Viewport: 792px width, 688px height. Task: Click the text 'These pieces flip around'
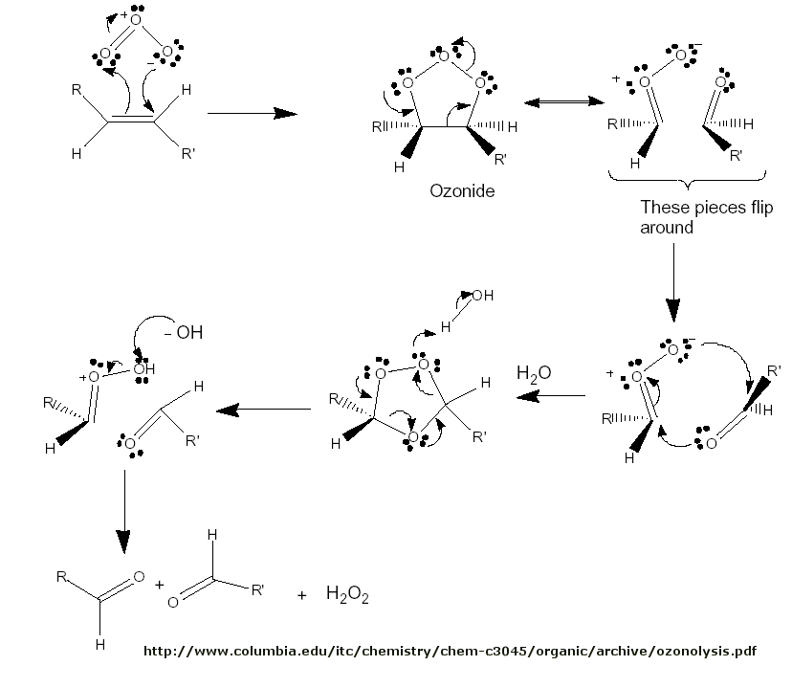(x=706, y=217)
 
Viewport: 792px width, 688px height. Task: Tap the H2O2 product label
(x=347, y=595)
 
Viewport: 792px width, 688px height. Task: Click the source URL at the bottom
(x=450, y=652)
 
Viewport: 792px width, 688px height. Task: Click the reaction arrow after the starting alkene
(x=252, y=113)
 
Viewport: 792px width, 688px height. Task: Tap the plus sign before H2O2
(x=302, y=595)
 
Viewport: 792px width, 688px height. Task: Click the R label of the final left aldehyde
(x=61, y=576)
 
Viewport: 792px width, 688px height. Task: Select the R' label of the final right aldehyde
(x=258, y=589)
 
